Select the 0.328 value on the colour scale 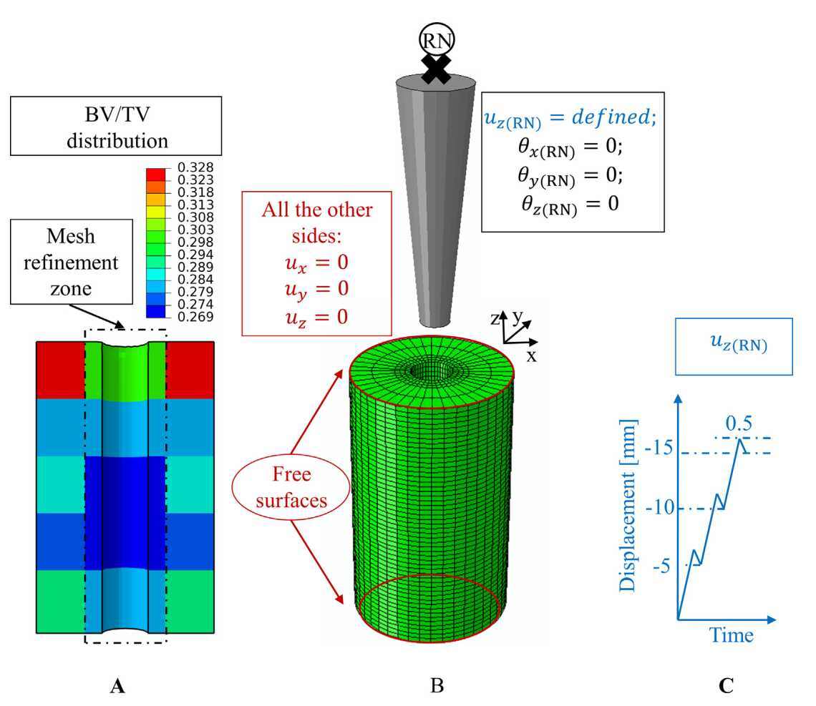click(x=188, y=167)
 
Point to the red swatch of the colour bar click(x=157, y=174)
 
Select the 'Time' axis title click(x=731, y=634)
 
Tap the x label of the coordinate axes click(x=531, y=355)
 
